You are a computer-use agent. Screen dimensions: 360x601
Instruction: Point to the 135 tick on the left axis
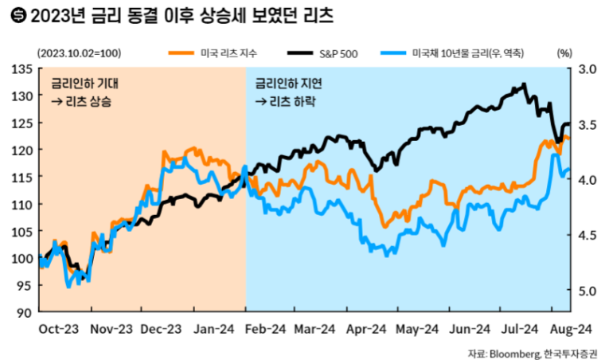tap(22, 69)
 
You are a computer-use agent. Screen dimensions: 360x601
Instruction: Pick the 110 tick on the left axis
tap(22, 204)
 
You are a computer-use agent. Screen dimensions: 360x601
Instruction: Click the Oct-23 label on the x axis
tap(58, 329)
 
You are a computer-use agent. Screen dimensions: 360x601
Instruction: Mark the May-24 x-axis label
tap(417, 329)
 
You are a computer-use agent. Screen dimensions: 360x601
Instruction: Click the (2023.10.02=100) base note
tap(79, 53)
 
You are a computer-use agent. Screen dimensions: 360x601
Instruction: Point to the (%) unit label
tap(564, 53)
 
